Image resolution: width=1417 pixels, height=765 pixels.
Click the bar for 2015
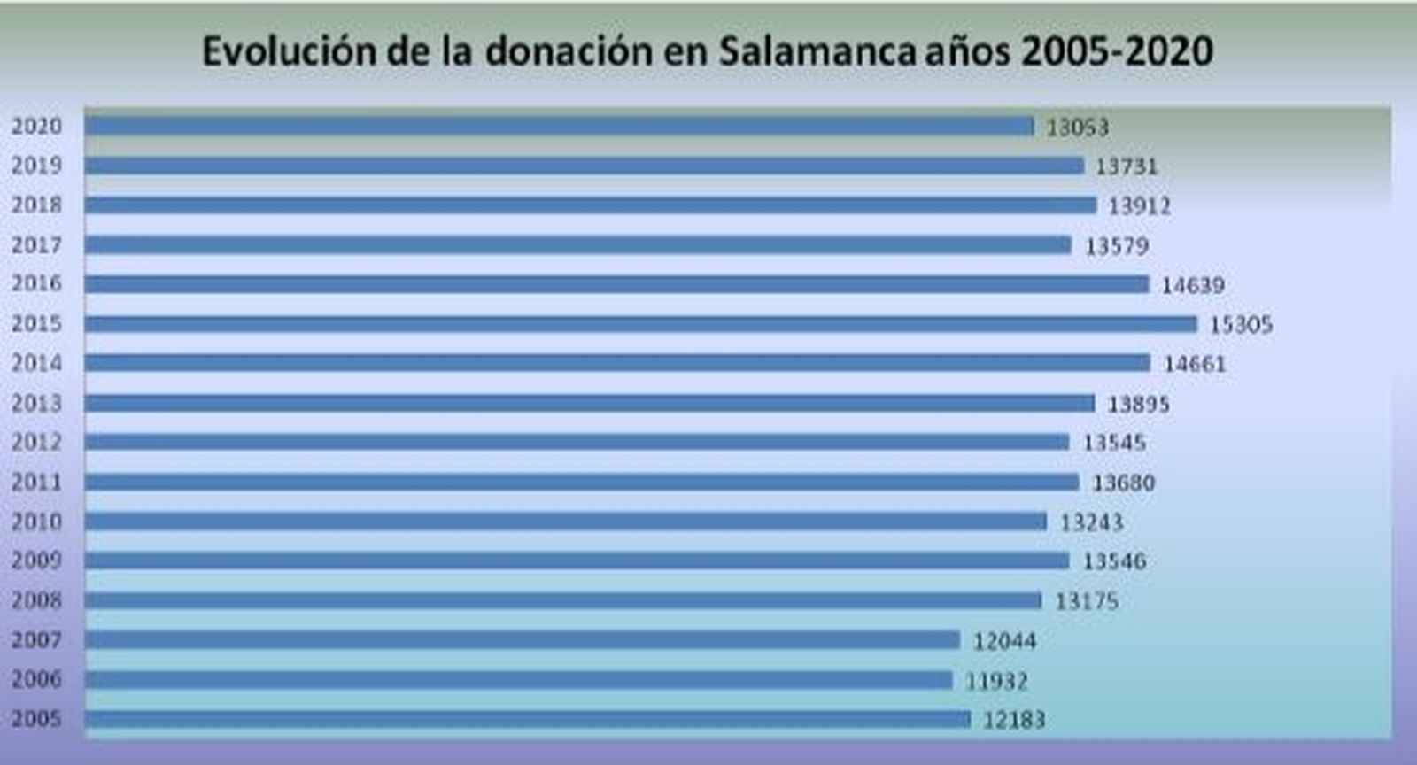640,323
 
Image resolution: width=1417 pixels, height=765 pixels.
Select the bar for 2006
518,680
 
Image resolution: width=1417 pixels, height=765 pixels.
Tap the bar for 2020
559,126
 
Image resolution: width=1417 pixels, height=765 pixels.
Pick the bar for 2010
565,522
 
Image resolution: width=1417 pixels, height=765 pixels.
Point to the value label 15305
1241,325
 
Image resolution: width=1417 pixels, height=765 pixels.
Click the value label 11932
996,681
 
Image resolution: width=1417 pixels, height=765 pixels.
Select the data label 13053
1077,127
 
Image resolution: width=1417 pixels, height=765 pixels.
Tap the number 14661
1195,364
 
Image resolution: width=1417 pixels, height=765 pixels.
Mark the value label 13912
1139,206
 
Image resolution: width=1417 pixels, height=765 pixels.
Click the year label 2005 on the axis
36,718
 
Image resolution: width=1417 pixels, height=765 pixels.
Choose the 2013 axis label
36,403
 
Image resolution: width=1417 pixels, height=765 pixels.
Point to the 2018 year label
36,205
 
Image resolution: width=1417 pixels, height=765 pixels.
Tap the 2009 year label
36,560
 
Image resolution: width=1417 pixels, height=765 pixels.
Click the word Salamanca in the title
816,51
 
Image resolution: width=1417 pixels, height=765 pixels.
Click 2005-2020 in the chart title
1117,51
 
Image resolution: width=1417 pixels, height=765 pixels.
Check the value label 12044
1004,641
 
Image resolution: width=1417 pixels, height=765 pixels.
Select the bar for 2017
577,244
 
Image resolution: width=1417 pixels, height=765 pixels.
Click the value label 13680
1123,483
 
